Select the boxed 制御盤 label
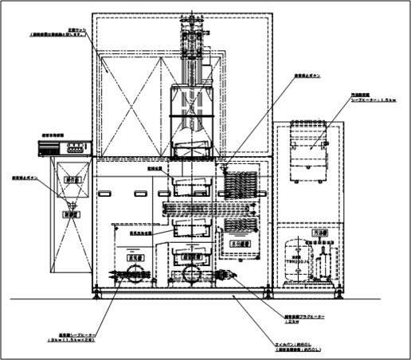(x=70, y=213)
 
